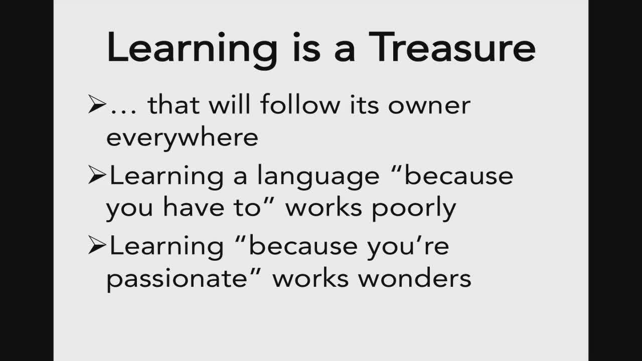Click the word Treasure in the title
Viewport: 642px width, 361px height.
click(x=452, y=47)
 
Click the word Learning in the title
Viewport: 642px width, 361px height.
click(x=192, y=51)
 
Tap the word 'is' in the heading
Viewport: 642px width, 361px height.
click(x=306, y=47)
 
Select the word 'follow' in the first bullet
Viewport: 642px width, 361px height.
click(x=300, y=104)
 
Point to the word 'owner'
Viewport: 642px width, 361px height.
click(x=429, y=106)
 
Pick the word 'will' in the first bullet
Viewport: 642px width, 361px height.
click(x=230, y=104)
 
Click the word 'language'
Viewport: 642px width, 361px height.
click(x=318, y=177)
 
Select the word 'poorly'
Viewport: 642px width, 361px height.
click(x=414, y=209)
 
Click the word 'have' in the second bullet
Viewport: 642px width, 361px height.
click(x=194, y=206)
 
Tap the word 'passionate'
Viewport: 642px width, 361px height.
click(x=177, y=279)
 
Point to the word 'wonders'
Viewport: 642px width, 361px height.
click(x=415, y=277)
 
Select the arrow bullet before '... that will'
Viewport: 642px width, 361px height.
click(x=97, y=104)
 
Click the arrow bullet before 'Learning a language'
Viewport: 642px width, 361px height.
click(x=97, y=174)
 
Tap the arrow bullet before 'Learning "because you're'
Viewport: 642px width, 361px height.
click(x=97, y=245)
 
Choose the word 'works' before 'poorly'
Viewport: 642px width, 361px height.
click(x=324, y=206)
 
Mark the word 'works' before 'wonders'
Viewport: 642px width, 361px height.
click(x=310, y=277)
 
